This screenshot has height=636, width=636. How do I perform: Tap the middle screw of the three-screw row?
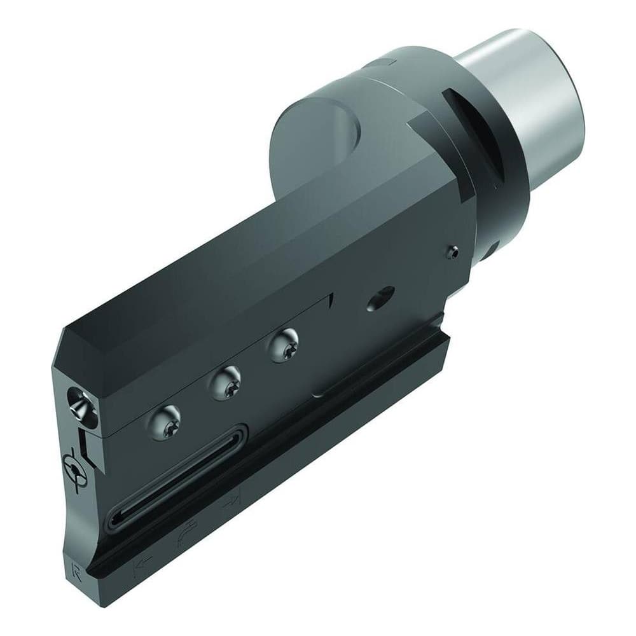coord(226,382)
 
